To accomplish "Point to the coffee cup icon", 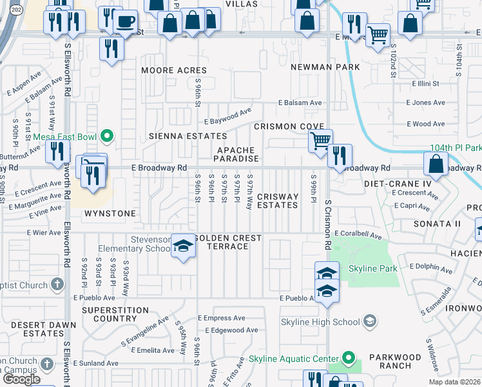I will click(x=125, y=21).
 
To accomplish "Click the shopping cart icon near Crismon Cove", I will click(x=320, y=139).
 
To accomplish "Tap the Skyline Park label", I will click(x=370, y=268).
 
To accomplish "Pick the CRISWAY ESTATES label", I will click(x=278, y=201).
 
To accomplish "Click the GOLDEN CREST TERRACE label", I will click(x=227, y=243).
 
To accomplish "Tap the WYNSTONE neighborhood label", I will click(x=110, y=213).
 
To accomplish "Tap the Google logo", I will click(x=21, y=380).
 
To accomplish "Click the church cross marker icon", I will click(x=57, y=284).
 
